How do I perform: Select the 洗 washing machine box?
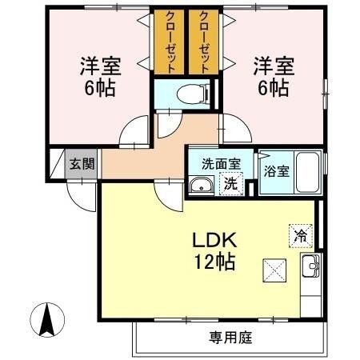tap(230, 183)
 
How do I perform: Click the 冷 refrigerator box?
tap(299, 236)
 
